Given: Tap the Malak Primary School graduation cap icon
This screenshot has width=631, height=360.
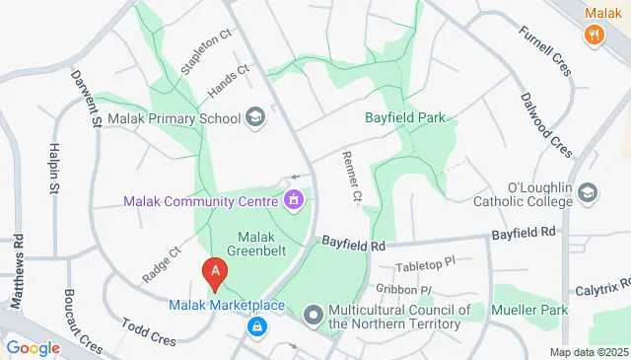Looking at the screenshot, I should point(256,118).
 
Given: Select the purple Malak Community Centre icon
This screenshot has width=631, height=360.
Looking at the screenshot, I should point(293,201).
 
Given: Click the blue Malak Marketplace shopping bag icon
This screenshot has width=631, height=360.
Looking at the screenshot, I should point(256,324).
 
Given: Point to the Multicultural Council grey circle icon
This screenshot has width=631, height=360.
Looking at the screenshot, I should point(314,315).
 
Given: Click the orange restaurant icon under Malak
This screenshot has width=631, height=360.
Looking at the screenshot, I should point(594,36).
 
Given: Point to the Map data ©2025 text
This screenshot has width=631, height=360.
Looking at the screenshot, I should point(589,352).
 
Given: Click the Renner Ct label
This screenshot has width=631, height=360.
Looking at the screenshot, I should point(350,176).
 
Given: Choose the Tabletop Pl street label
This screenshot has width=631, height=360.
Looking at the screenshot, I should point(425,265).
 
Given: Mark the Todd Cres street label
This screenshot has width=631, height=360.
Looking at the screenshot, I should point(147,331).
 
